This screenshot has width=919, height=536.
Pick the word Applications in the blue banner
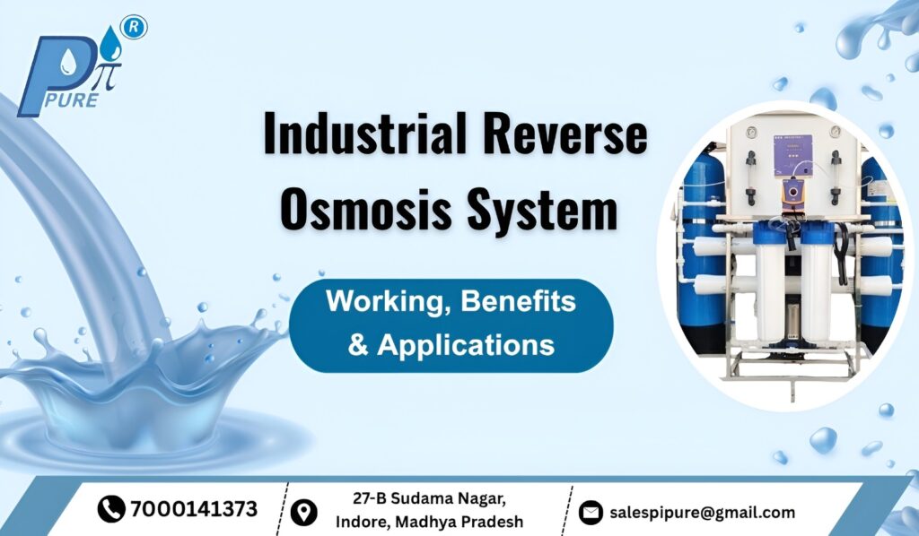click(x=465, y=345)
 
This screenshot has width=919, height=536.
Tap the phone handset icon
click(x=110, y=510)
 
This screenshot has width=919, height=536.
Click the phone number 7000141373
click(x=193, y=510)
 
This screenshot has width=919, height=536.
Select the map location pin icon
click(x=305, y=512)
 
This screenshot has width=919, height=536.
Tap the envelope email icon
click(x=590, y=513)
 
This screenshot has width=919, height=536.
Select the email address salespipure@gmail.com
click(x=702, y=513)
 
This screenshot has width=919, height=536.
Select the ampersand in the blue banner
click(x=358, y=345)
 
